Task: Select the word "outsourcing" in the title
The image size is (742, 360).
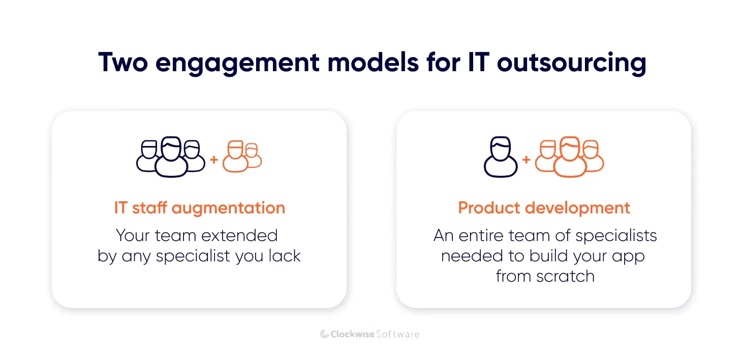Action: (571, 63)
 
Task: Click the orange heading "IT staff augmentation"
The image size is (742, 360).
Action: (199, 208)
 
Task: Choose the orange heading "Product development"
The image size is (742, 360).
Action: (544, 208)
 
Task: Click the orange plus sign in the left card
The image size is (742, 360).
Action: (214, 160)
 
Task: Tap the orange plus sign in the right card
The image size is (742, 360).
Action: (526, 160)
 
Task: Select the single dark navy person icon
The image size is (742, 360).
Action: (501, 156)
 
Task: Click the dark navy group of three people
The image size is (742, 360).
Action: (171, 156)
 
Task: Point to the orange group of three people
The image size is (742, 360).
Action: (570, 156)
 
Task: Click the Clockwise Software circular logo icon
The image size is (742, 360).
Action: (325, 334)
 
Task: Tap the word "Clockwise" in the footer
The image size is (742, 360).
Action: (352, 334)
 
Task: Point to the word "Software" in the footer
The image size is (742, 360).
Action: (398, 334)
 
